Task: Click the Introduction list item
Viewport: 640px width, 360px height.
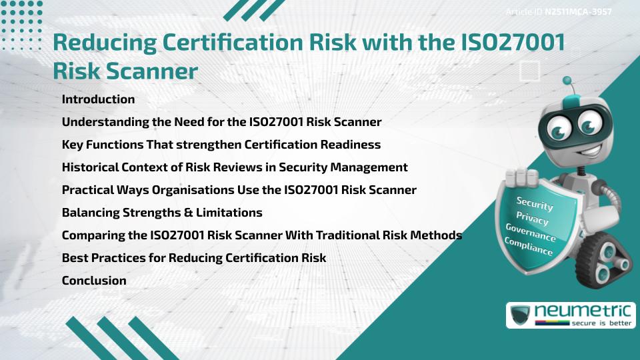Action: pos(98,99)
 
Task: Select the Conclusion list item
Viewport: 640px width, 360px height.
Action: pos(94,281)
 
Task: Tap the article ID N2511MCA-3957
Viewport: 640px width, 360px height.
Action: pos(578,11)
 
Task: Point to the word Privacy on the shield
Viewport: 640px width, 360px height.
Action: pos(533,219)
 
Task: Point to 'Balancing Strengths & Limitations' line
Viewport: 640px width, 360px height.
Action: pos(162,213)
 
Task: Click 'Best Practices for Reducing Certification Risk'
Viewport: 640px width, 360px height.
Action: pos(194,258)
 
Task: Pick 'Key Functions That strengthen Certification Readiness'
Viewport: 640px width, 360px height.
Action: pos(221,145)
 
